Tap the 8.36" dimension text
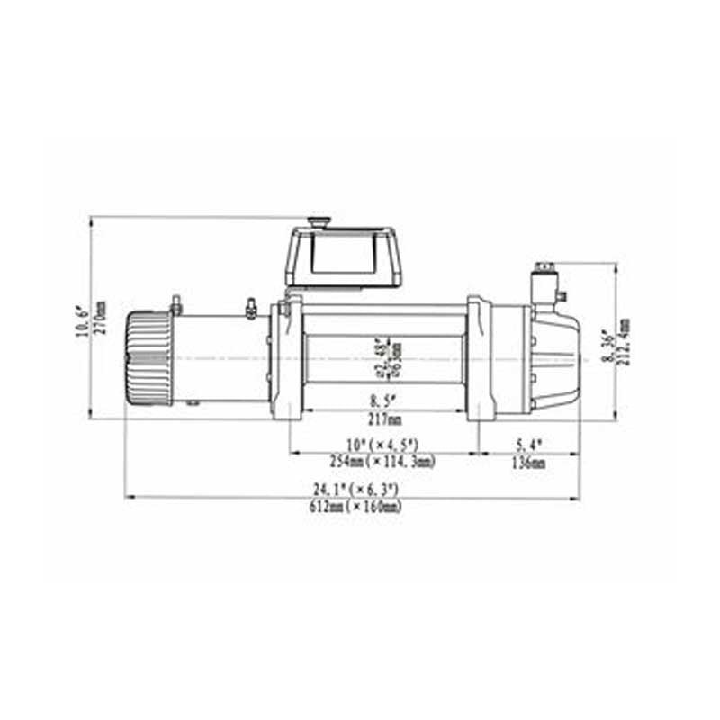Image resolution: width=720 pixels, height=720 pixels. [608, 345]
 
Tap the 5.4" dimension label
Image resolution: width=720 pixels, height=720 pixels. [529, 445]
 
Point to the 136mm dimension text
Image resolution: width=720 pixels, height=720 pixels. [529, 463]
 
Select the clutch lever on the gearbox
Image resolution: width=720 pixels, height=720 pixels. [544, 282]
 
